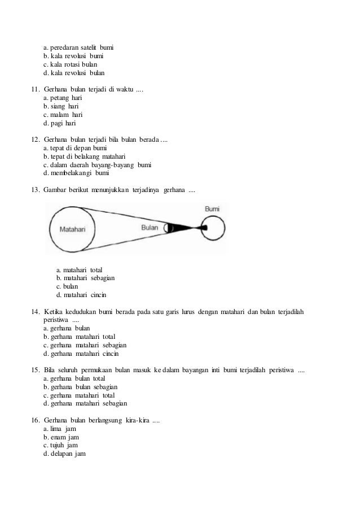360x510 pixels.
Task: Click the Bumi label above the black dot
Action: click(x=212, y=209)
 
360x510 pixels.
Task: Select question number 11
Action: click(x=35, y=89)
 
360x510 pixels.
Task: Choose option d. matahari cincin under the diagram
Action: click(x=81, y=295)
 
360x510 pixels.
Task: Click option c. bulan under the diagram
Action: click(x=67, y=286)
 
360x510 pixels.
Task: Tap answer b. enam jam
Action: click(x=60, y=438)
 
